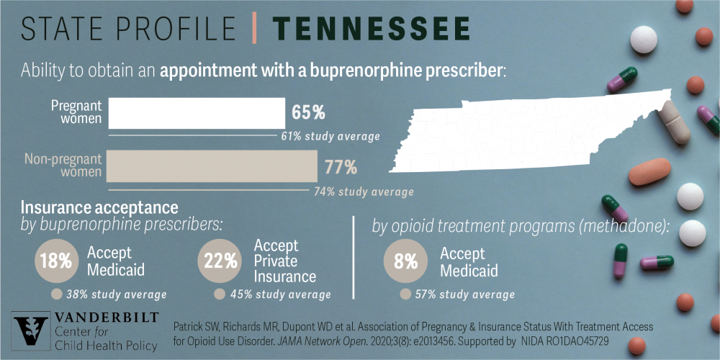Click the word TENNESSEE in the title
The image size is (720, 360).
tap(372, 29)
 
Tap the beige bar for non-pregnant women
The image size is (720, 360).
tap(213, 166)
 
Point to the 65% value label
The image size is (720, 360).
tap(308, 113)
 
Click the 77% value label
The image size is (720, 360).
tap(341, 167)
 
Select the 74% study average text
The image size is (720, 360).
tap(364, 192)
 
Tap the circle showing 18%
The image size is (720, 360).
tap(56, 261)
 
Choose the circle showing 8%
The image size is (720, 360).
tap(406, 261)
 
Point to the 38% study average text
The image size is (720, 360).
tap(115, 294)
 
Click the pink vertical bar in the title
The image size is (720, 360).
tap(254, 29)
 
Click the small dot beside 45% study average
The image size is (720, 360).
tap(219, 294)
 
